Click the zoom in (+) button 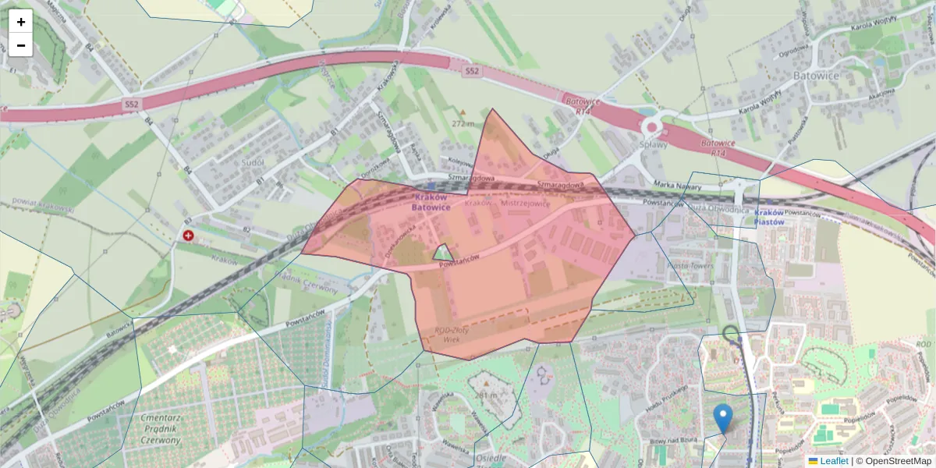tap(20, 22)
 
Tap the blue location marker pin tap(724, 418)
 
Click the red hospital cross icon tap(188, 235)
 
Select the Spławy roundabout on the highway tap(651, 127)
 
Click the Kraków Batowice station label tap(431, 203)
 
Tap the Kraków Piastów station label tap(768, 217)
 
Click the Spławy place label tap(654, 145)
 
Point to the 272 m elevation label tap(463, 123)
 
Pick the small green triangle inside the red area tap(443, 253)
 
